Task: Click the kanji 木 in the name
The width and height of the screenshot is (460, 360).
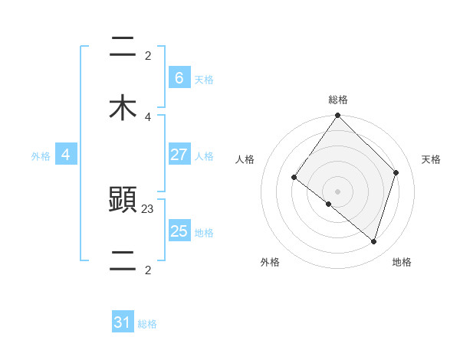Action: pyautogui.click(x=123, y=109)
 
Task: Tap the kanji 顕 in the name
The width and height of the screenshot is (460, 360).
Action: pyautogui.click(x=123, y=201)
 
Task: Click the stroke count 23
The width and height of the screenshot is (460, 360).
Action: pyautogui.click(x=149, y=208)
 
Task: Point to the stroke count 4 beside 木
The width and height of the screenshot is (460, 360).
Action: pyautogui.click(x=148, y=117)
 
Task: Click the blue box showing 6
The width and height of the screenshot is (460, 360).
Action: pyautogui.click(x=179, y=77)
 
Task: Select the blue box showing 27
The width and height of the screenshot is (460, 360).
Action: pyautogui.click(x=179, y=155)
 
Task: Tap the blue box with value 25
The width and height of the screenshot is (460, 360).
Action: pyautogui.click(x=179, y=231)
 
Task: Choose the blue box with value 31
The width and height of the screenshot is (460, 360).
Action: pyautogui.click(x=123, y=322)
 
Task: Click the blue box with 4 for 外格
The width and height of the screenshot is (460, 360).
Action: pyautogui.click(x=66, y=155)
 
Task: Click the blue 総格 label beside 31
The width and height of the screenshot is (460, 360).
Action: pyautogui.click(x=147, y=324)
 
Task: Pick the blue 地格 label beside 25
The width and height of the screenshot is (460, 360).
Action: pyautogui.click(x=204, y=232)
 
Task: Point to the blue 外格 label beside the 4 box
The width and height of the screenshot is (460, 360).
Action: pyautogui.click(x=41, y=155)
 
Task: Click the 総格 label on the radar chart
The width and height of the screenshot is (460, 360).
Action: pyautogui.click(x=337, y=100)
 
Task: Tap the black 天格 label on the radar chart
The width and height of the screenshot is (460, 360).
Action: pyautogui.click(x=431, y=159)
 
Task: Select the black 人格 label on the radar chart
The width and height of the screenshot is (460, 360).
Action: pyautogui.click(x=245, y=159)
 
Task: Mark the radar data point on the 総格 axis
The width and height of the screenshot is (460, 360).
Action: pyautogui.click(x=337, y=116)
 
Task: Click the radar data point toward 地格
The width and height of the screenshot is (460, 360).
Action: pyautogui.click(x=374, y=241)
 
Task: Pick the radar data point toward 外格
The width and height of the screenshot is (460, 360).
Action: pyautogui.click(x=329, y=204)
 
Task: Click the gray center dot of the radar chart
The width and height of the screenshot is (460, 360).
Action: pyautogui.click(x=337, y=191)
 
